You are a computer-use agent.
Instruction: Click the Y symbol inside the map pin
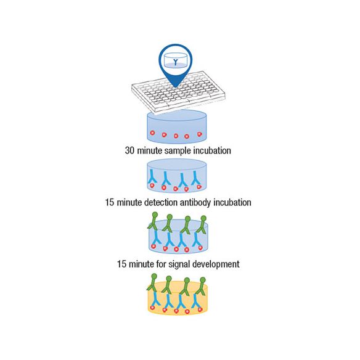point(176,62)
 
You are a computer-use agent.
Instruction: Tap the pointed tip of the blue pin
point(176,88)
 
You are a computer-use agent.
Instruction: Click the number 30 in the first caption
point(129,150)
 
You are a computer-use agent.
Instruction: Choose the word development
point(216,264)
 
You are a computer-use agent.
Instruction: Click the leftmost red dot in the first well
point(152,133)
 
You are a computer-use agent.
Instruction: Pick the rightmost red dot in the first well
point(200,134)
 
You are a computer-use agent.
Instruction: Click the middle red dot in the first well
point(176,136)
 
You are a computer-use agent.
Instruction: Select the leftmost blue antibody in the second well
point(152,176)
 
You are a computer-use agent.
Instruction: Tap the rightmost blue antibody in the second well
point(195,178)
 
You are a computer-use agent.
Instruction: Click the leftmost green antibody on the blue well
point(153,221)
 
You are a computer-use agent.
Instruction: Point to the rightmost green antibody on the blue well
point(202,224)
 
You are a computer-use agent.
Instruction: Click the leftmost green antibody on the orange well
point(153,282)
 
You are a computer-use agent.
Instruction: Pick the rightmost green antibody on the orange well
point(201,286)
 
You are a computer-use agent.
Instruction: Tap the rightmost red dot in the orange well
point(200,309)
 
